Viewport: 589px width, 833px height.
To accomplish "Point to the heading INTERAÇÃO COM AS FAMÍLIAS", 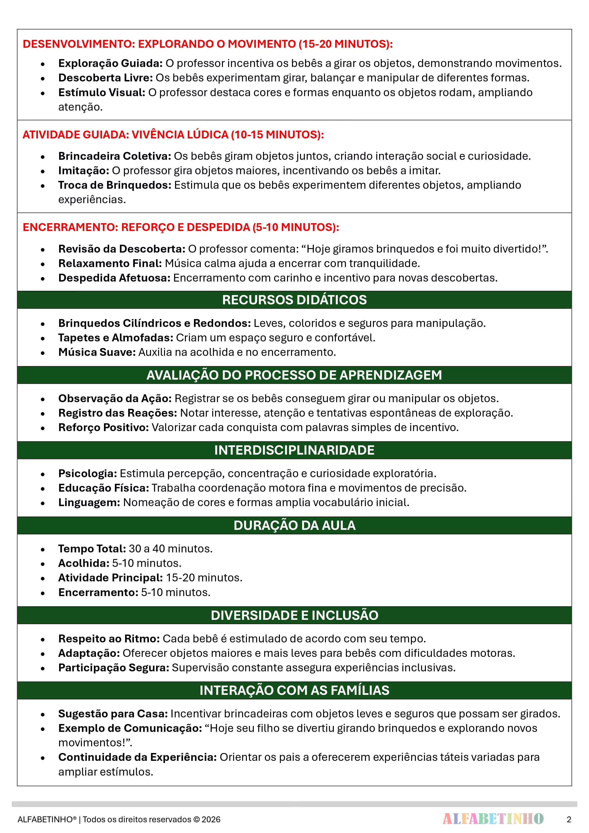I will coord(294,690).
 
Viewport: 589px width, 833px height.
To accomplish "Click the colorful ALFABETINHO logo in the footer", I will coord(493,819).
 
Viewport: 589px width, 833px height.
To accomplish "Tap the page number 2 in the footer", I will coord(569,819).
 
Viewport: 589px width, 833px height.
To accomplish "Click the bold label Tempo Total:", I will coord(92,549).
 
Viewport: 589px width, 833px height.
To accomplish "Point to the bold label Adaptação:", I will coord(89,653).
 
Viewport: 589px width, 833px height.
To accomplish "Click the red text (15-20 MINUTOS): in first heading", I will coord(345,44).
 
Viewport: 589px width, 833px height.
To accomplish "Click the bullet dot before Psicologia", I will coord(43,474).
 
